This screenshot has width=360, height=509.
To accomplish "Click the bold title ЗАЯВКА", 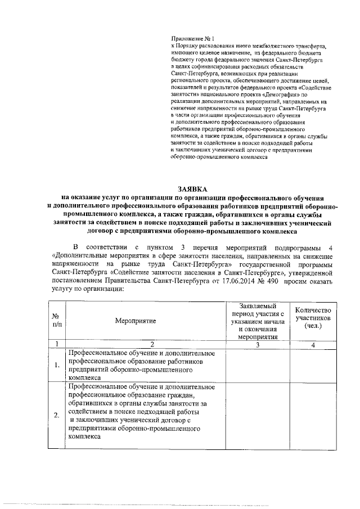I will [193, 190].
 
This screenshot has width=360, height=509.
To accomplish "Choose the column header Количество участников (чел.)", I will [313, 318].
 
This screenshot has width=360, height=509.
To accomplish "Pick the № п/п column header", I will [57, 320].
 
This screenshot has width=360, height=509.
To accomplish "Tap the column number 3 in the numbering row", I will [257, 344].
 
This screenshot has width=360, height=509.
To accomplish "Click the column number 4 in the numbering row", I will [313, 344].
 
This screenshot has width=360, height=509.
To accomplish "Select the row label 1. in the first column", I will [57, 366].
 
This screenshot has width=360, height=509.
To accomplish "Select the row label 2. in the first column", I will [57, 416].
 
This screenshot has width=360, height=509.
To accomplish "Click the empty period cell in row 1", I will [257, 366].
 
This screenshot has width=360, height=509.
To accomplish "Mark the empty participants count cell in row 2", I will [313, 416].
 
